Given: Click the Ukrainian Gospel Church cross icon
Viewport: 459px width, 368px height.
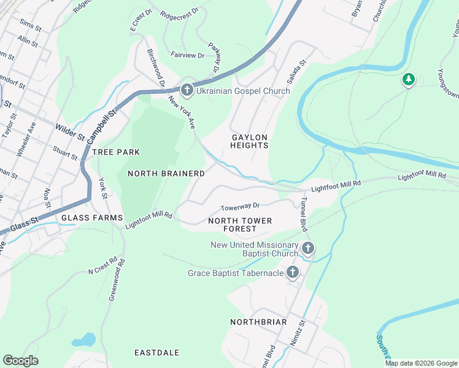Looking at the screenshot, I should tap(187, 91).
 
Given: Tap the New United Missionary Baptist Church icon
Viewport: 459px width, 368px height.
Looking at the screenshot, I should tap(308, 248).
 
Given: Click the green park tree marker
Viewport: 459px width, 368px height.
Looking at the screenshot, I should tap(409, 80).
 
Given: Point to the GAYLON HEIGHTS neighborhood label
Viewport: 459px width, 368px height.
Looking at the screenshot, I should tap(249, 141).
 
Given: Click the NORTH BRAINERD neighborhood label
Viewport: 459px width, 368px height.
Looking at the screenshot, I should tap(166, 174).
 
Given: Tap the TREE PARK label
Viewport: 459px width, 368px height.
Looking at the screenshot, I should tap(116, 151).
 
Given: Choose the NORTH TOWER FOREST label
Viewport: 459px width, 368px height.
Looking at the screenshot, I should tap(240, 224).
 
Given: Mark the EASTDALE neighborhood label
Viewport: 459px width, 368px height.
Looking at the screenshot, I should tap(157, 353).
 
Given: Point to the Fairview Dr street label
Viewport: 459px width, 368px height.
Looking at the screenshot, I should tap(187, 55).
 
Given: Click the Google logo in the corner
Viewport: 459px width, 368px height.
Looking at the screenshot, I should tap(20, 361).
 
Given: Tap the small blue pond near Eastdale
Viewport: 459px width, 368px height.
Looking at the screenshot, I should tap(84, 339).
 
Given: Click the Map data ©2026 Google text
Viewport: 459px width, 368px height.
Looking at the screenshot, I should tap(421, 363).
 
